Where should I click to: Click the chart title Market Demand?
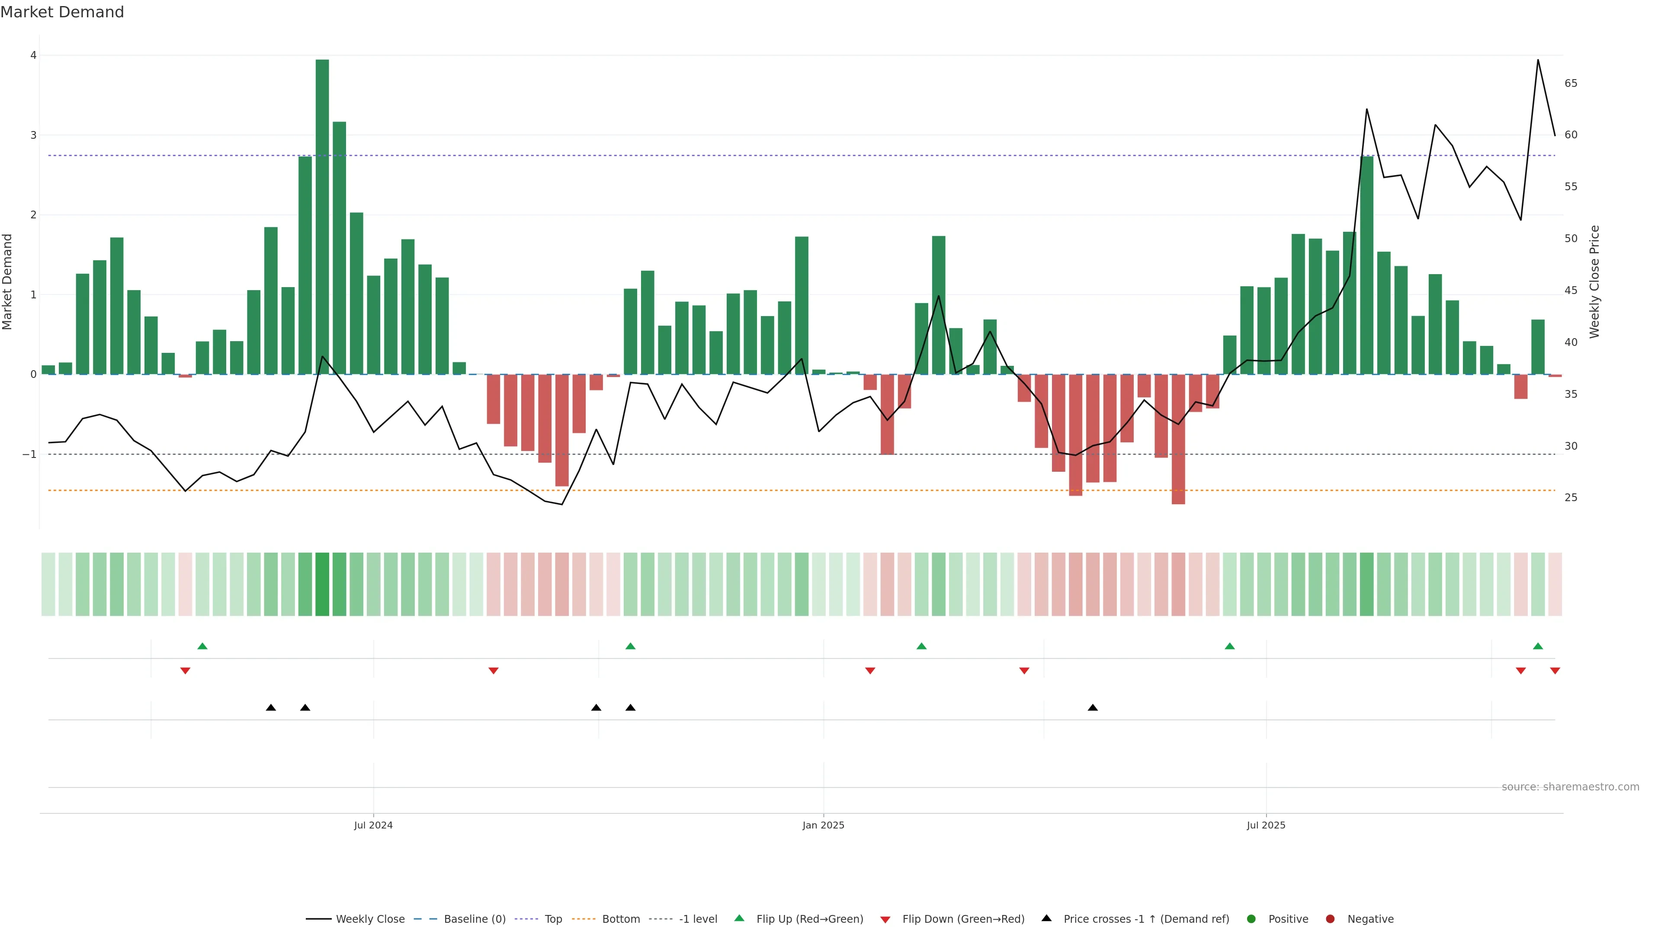(x=62, y=12)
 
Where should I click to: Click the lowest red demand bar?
(x=1178, y=439)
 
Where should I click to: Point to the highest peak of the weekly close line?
(x=1538, y=61)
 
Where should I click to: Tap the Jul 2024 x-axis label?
(x=373, y=825)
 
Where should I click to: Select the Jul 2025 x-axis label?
(x=1266, y=825)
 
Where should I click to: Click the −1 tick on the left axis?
(x=30, y=454)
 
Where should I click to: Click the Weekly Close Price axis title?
(x=1594, y=281)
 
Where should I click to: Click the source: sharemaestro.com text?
(x=1570, y=787)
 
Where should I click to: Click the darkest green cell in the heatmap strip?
(x=322, y=584)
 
